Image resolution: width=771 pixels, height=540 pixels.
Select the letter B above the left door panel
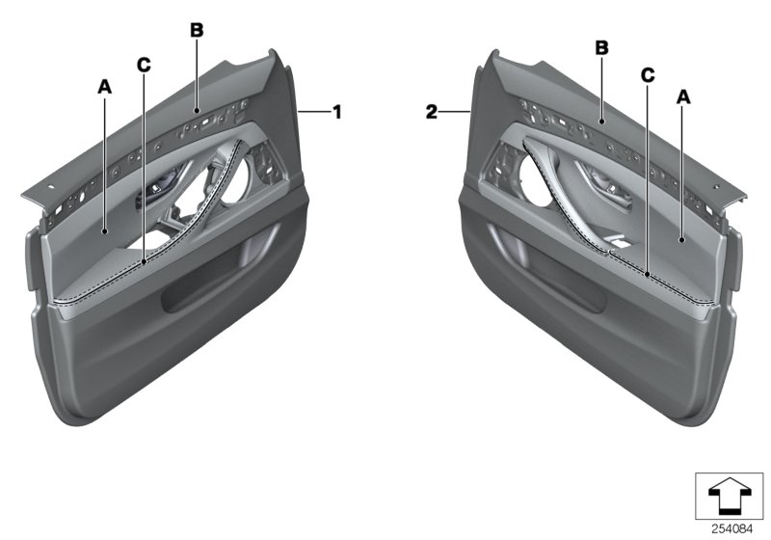coord(197,31)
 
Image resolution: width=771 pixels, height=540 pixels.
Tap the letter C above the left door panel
coord(144,66)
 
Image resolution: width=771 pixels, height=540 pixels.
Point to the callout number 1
coord(336,113)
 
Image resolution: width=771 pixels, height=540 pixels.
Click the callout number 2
coord(433,113)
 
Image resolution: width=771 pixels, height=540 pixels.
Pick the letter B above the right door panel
coord(600,45)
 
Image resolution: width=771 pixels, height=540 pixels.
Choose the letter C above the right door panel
coord(648,73)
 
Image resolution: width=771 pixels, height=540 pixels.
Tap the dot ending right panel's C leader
coord(648,276)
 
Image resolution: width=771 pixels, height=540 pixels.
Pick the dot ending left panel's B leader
coord(197,112)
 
